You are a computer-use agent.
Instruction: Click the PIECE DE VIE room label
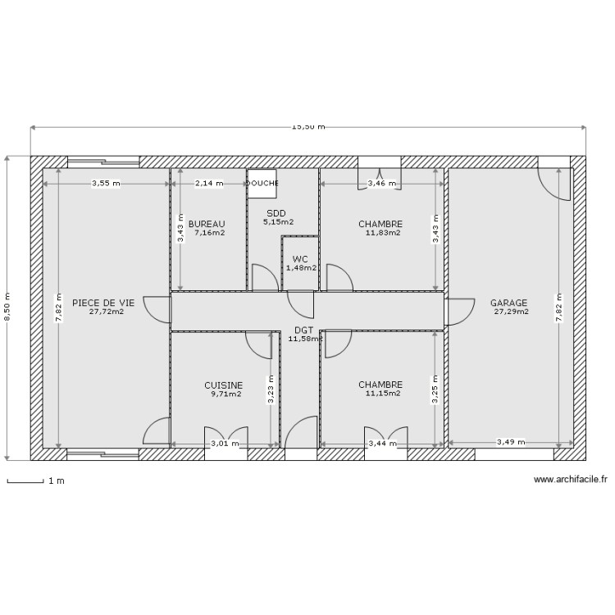[x=103, y=303]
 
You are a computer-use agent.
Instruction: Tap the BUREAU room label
[x=206, y=224]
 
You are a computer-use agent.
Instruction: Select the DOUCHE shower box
[x=262, y=184]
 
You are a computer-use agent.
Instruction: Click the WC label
[x=299, y=259]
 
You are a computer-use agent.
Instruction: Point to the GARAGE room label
[x=508, y=303]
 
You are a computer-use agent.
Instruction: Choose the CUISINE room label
[x=223, y=385]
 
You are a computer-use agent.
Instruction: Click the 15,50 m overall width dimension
[x=308, y=127]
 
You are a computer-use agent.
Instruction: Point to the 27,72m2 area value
[x=107, y=312]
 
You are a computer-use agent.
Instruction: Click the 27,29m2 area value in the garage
[x=511, y=312]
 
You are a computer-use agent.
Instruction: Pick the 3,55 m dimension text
[x=105, y=184]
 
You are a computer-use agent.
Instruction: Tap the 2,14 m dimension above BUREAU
[x=208, y=184]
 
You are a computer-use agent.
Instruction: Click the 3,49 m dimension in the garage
[x=511, y=444]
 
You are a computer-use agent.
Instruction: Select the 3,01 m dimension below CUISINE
[x=225, y=444]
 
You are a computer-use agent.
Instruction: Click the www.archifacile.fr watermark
[x=571, y=481]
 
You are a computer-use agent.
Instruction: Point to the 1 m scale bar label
[x=57, y=481]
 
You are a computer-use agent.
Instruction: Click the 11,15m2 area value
[x=383, y=394]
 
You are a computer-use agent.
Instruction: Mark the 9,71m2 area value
[x=225, y=394]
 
